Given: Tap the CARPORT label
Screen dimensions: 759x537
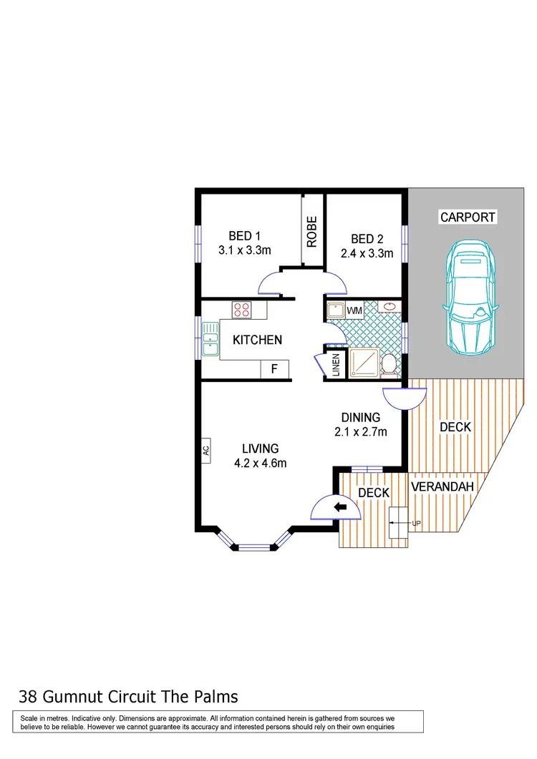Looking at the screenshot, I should [468, 217].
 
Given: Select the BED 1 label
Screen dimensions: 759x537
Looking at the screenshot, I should [244, 236].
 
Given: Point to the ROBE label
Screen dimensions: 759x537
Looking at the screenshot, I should [312, 232].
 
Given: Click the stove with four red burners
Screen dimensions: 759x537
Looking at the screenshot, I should [241, 310].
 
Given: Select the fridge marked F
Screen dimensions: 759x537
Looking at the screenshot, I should [274, 370].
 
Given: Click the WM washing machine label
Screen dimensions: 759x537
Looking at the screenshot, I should [354, 310].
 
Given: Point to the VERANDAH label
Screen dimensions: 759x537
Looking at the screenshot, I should [443, 487].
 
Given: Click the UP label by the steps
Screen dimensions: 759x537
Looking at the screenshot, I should [416, 524].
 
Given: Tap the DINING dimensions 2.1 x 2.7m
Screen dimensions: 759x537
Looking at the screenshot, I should [361, 431].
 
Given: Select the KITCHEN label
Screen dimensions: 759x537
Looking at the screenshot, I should [257, 340].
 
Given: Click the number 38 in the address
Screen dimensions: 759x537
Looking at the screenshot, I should [28, 696].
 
